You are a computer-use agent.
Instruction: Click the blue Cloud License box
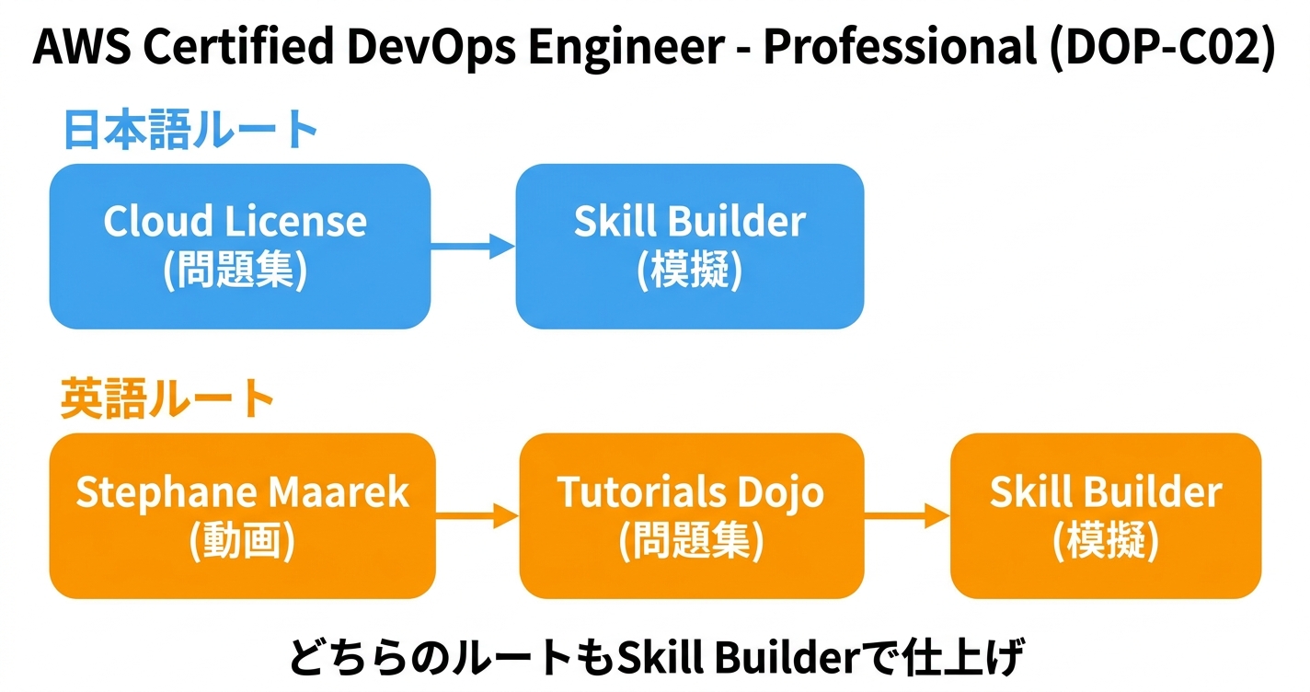tap(239, 247)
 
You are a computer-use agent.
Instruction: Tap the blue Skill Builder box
tap(689, 247)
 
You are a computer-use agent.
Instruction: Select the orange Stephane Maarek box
tap(241, 516)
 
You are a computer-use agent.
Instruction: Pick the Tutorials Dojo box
tap(691, 516)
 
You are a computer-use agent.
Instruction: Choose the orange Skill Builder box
tap(1105, 516)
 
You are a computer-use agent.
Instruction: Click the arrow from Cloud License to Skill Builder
tap(473, 246)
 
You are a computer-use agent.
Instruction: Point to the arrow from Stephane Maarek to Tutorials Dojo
tap(477, 516)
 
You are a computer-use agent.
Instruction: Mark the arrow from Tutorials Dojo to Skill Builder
tap(907, 516)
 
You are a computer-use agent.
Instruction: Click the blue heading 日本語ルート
tap(191, 129)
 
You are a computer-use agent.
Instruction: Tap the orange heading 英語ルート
tap(168, 399)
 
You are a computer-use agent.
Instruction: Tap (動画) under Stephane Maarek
tap(242, 542)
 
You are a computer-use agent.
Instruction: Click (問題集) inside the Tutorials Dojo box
tap(691, 542)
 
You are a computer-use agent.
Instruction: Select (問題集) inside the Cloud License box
tap(235, 271)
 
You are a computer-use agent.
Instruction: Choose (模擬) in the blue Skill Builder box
tap(689, 271)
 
